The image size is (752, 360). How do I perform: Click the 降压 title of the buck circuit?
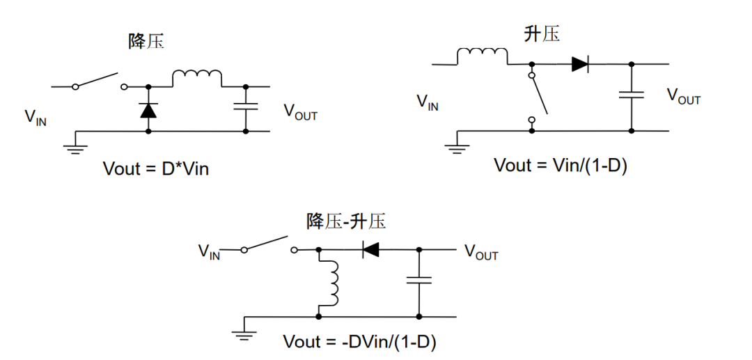point(146,42)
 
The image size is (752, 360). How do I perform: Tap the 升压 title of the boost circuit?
point(542,33)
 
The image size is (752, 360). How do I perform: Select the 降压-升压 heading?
point(346,221)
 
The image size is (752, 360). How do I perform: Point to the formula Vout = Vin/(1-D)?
point(561,165)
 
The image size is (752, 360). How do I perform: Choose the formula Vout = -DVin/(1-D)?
point(360,342)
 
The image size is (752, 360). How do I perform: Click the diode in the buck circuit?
point(148,109)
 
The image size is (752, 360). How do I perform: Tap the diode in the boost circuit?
point(580,64)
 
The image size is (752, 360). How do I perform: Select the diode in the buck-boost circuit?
point(370,249)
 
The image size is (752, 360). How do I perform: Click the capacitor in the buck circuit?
point(246,107)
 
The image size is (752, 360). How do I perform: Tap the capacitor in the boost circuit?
point(632,96)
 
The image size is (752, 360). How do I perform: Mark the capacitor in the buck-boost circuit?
point(419,280)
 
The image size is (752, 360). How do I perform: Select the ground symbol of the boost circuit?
point(457,145)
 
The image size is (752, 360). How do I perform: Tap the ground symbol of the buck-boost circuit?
point(244,333)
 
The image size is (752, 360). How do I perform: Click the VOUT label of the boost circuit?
point(684,97)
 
